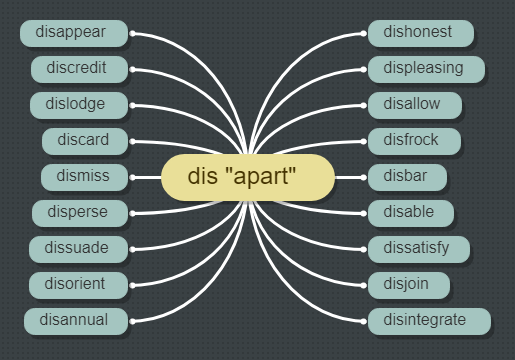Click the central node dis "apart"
247,177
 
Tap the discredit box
76,68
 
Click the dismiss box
84,176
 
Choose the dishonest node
417,32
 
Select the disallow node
412,104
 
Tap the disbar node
403,176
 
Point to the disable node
408,212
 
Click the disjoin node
405,284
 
